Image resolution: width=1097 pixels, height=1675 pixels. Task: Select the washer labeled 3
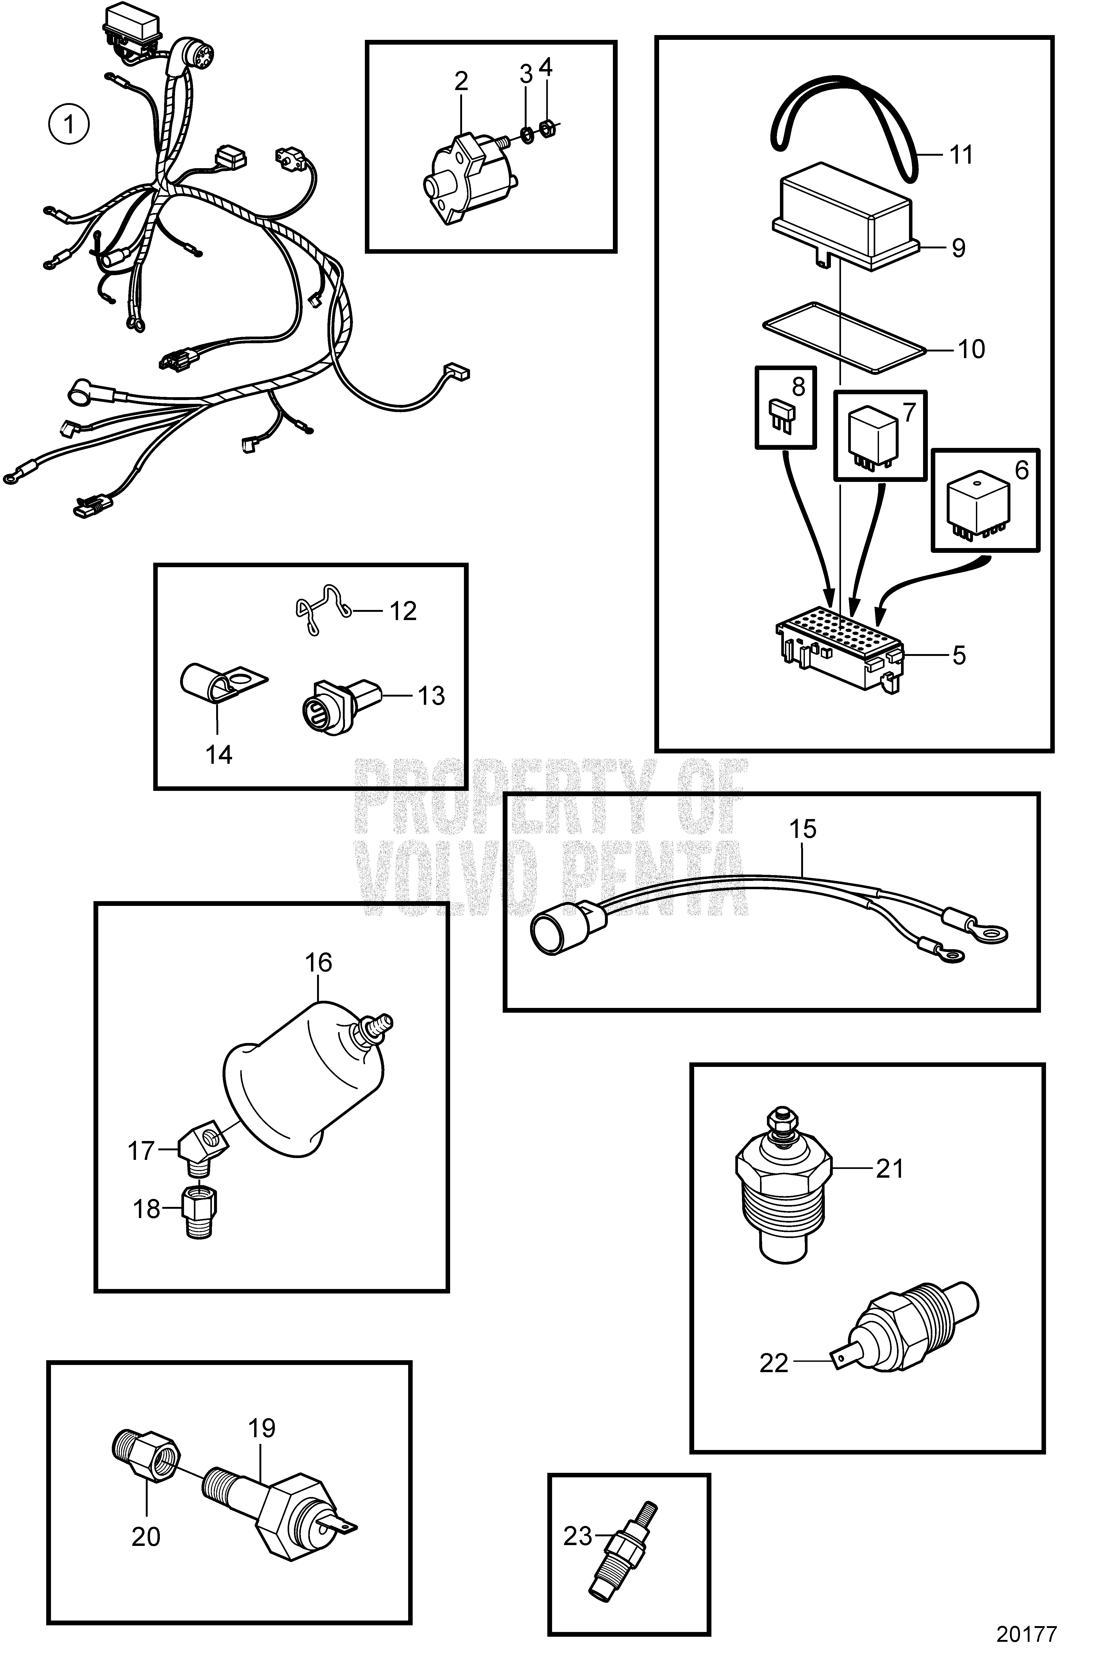(x=526, y=132)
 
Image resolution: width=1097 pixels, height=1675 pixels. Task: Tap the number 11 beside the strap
(x=961, y=154)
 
